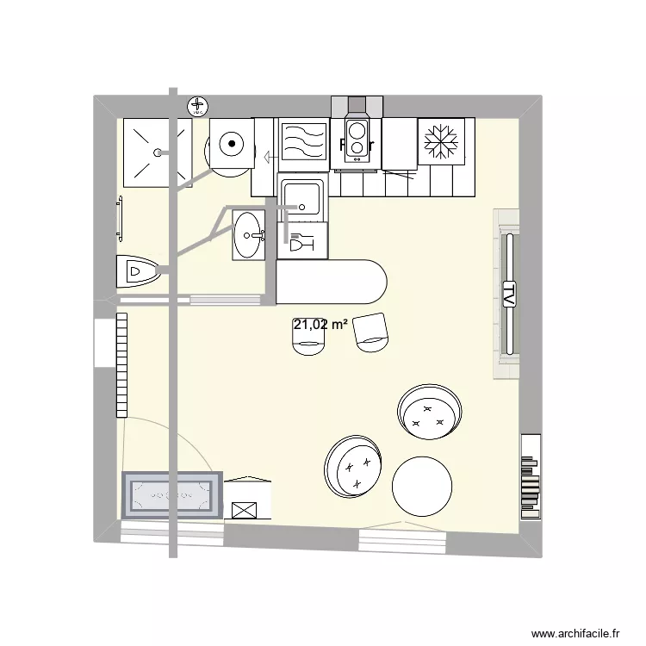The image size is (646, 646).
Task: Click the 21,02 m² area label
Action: tap(320, 325)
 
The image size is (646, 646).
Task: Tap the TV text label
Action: tap(508, 294)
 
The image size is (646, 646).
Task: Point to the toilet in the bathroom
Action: tap(138, 273)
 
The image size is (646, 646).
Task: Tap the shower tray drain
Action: tap(158, 152)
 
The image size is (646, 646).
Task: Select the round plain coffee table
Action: tap(421, 487)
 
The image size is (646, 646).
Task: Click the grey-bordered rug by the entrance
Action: tap(172, 494)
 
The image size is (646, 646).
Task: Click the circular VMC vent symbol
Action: tap(198, 107)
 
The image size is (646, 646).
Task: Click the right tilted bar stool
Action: tap(372, 332)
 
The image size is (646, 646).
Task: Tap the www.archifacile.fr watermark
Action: tap(575, 633)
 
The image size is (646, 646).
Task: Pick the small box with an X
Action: tap(244, 508)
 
